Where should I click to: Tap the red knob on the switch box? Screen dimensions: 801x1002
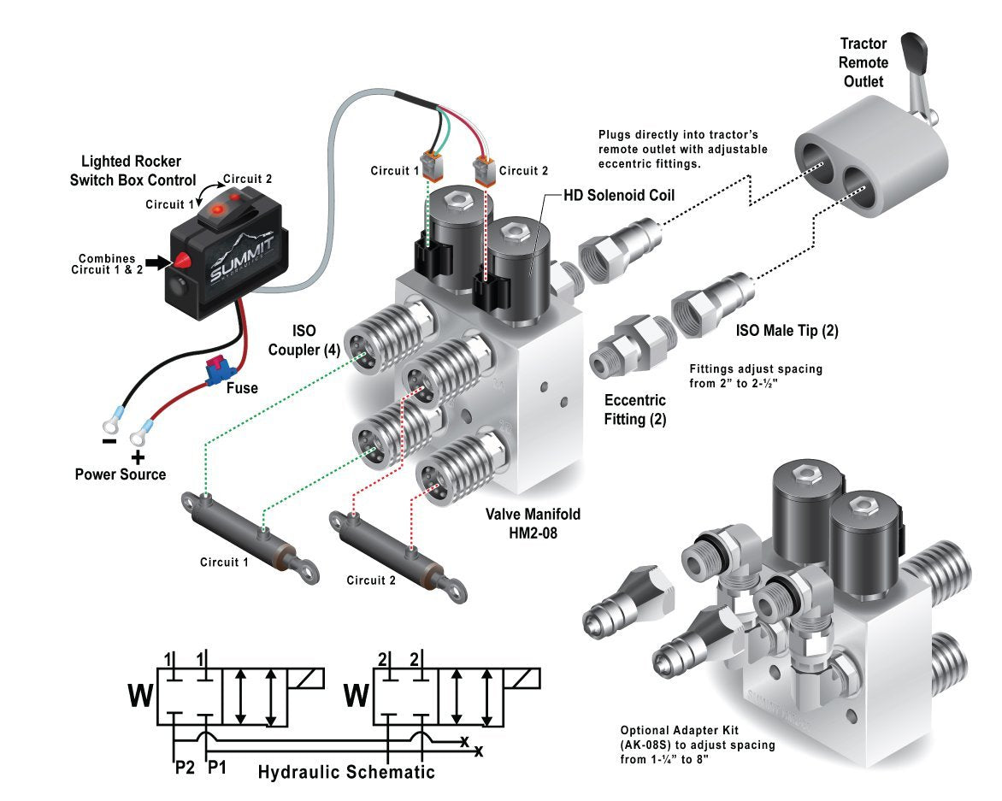coord(182,262)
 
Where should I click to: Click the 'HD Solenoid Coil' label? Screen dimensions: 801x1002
coord(619,196)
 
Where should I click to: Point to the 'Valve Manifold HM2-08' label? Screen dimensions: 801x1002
coord(533,522)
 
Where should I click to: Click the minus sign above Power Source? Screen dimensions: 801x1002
coord(109,442)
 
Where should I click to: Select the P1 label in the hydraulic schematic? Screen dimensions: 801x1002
coord(217,767)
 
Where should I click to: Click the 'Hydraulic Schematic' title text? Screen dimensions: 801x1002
coord(346,772)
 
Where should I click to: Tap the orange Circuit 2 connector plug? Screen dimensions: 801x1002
coord(483,170)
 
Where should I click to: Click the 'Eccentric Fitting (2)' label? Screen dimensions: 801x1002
coord(635,409)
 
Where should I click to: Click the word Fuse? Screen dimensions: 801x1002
coord(242,388)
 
